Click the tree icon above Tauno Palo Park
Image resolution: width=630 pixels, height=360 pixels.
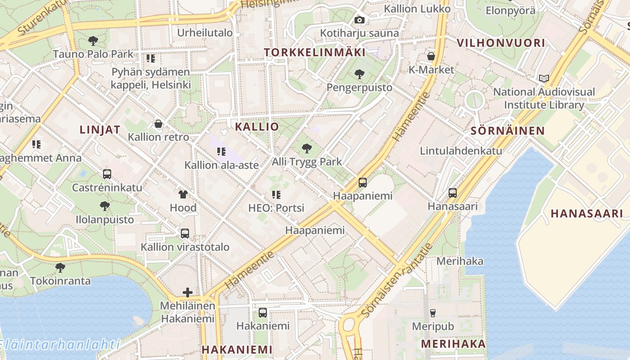93,41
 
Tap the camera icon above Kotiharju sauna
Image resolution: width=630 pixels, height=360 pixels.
359,20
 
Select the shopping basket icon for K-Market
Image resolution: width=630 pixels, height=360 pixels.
431,56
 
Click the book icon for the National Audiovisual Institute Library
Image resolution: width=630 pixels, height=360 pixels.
544,78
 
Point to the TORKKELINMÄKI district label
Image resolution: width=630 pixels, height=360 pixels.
315,53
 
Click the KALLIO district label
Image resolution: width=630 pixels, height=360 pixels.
257,127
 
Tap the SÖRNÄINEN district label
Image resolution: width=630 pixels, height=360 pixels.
508,131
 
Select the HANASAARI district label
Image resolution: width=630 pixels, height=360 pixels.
587,214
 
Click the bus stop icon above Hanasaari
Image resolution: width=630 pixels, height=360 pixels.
453,193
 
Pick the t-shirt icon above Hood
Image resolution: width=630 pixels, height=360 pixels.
183,194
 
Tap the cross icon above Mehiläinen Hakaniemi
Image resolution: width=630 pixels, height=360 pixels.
188,292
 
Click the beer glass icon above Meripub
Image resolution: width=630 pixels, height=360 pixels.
433,313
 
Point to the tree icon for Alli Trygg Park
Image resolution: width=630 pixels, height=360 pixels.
307,148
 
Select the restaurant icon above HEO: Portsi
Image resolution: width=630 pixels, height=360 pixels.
276,195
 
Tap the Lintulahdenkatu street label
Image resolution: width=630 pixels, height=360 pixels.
461,151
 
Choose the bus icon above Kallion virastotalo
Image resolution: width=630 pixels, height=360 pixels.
185,234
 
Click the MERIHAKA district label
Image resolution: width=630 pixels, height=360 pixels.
453,344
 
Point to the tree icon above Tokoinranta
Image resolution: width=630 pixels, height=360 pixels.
60,268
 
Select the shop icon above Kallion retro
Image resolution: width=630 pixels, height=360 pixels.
158,123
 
